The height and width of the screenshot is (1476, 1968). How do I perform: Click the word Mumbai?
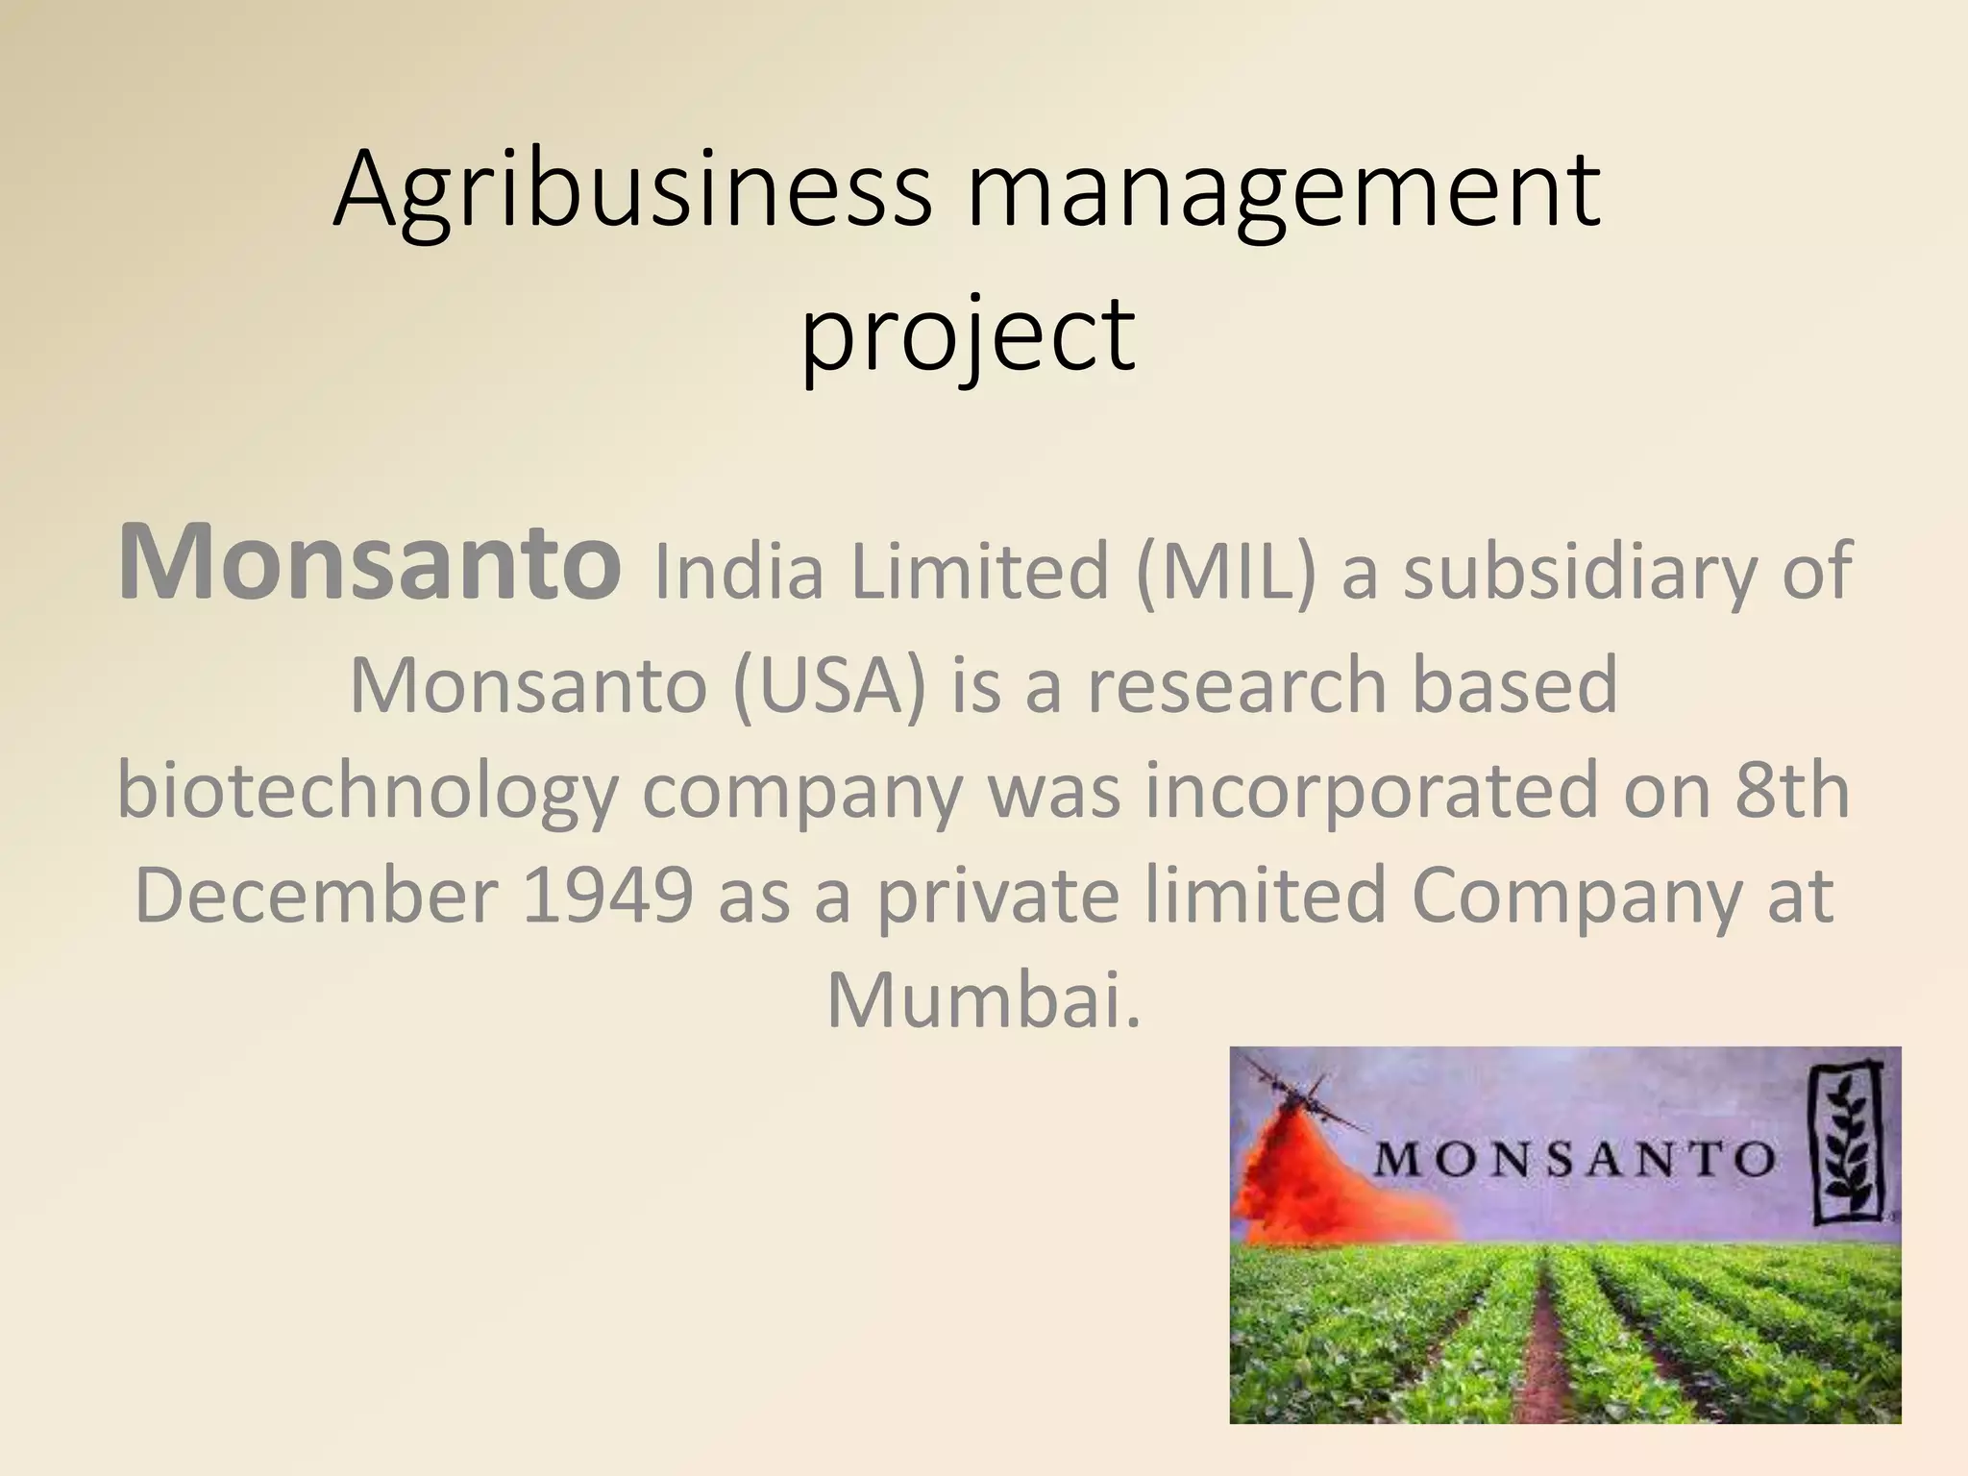point(983,1000)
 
